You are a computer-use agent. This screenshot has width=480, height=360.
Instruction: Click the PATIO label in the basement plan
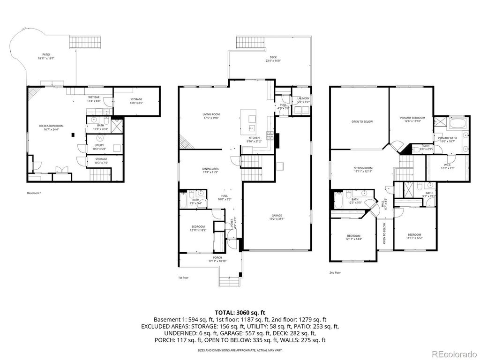pyautogui.click(x=46, y=55)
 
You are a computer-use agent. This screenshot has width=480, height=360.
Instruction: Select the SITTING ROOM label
pyautogui.click(x=363, y=169)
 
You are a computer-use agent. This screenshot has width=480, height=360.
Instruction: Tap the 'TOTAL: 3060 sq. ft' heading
pyautogui.click(x=240, y=312)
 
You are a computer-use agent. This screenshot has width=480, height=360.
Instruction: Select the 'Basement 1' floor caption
pyautogui.click(x=34, y=193)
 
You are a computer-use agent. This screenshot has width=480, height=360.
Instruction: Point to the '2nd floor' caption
pyautogui.click(x=335, y=272)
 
